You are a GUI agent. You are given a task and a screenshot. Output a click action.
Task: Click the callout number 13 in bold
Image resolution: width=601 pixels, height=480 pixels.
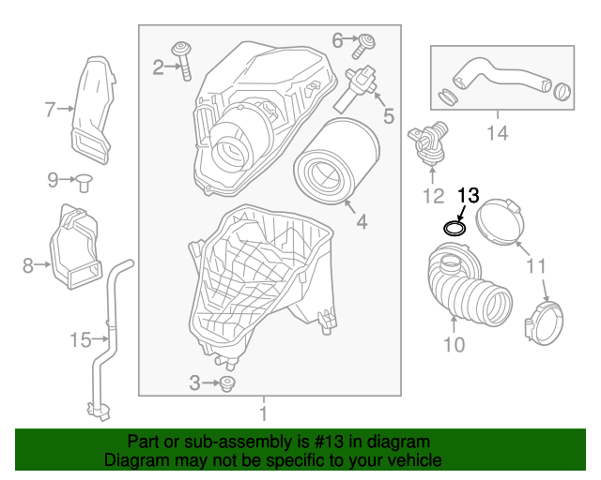(468, 195)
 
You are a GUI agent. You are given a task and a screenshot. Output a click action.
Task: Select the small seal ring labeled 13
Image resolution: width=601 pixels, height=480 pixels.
(455, 228)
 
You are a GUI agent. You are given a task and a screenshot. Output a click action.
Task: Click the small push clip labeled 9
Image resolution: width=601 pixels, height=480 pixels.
(83, 181)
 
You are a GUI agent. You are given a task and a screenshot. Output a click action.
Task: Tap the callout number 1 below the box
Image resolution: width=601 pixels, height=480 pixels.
(263, 412)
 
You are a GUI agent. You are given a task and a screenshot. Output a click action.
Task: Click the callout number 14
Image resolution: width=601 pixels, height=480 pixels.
(497, 134)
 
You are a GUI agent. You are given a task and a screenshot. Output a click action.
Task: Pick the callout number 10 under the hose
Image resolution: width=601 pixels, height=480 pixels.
(454, 345)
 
